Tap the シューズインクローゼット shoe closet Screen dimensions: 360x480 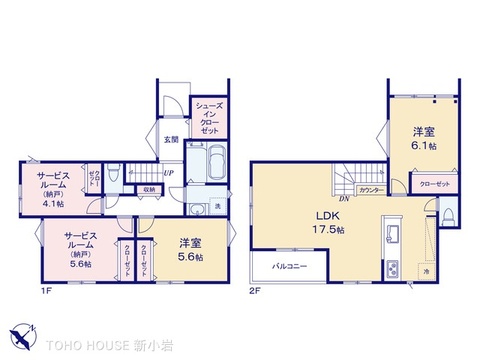tap(208, 119)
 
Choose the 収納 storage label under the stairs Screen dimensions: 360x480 tap(148, 188)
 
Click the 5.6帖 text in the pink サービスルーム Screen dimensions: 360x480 tap(78, 265)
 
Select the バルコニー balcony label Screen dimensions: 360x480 tap(286, 267)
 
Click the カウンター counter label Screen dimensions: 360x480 tap(370, 189)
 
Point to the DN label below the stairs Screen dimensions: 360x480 tap(344, 198)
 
